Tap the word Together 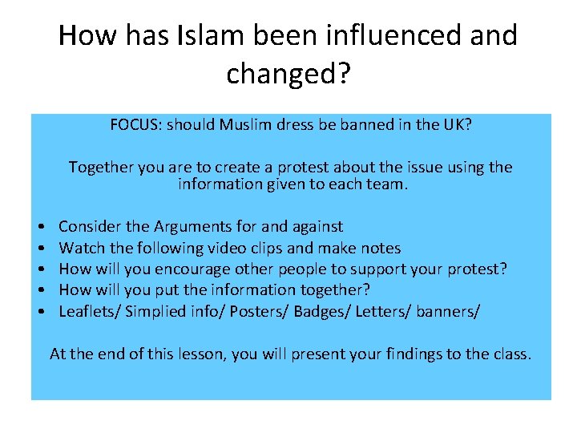coord(102,167)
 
